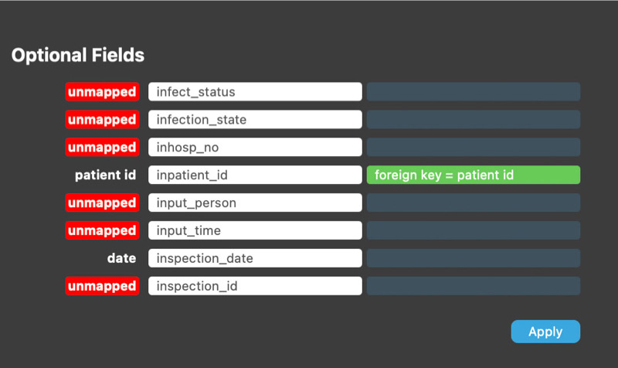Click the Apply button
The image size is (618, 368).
tap(545, 332)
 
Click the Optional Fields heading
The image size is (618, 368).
tap(78, 55)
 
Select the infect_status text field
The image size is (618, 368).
tap(255, 91)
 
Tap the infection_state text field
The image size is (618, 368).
tap(255, 119)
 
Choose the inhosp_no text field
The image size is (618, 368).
tap(255, 147)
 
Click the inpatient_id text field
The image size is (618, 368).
tap(255, 175)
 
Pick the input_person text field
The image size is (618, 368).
tap(255, 203)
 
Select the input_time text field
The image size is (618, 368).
tap(255, 230)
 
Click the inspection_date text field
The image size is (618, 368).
tap(255, 258)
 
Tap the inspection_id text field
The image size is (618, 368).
tap(255, 286)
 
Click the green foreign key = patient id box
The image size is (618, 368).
tap(474, 175)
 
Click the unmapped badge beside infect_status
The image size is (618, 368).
tap(102, 91)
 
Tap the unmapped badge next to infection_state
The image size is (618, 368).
tap(102, 119)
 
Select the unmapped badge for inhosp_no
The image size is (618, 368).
tap(102, 147)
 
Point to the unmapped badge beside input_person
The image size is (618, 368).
tap(102, 203)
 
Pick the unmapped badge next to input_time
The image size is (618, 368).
tap(102, 230)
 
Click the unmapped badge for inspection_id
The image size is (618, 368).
tap(102, 286)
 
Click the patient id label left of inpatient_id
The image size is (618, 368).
tap(105, 175)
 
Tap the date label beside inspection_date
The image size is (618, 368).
tap(121, 258)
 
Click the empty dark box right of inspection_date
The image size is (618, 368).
tap(474, 258)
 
